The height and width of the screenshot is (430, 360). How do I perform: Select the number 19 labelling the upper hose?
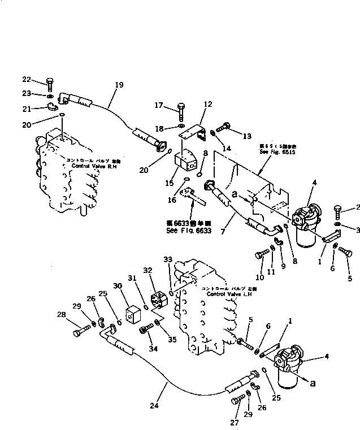[119, 85]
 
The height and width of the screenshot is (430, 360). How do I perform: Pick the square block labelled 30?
[133, 315]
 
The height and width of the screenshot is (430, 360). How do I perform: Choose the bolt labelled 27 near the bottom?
[237, 402]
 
